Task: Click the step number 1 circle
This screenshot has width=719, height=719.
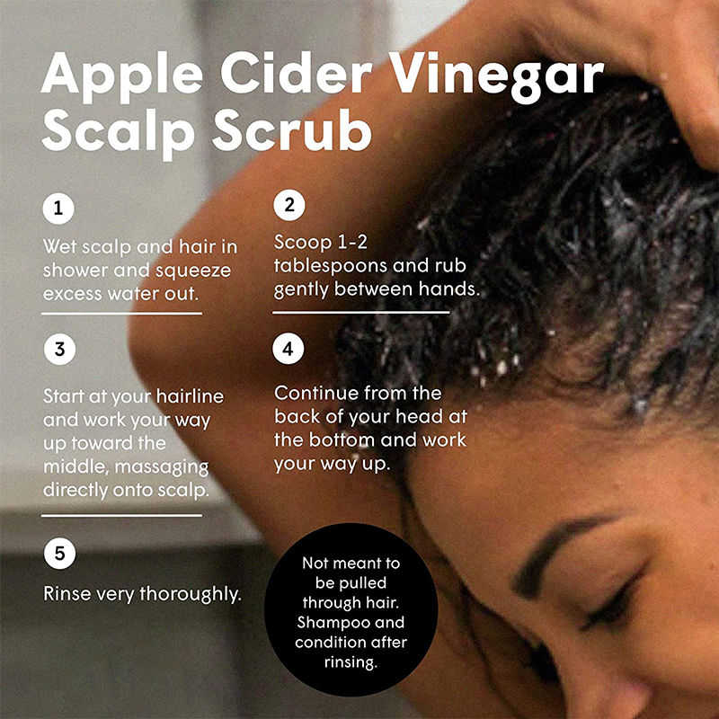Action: click(x=59, y=210)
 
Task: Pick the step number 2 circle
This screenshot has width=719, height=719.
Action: click(x=288, y=205)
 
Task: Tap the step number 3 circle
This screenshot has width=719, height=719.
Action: click(x=59, y=351)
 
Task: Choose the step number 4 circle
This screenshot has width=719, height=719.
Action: click(x=288, y=349)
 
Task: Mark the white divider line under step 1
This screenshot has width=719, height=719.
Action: click(x=122, y=313)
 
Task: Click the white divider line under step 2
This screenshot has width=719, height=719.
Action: click(x=360, y=312)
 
